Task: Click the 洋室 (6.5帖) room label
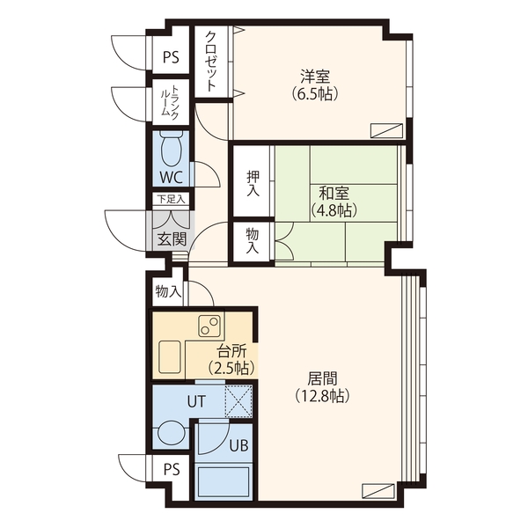coord(315,85)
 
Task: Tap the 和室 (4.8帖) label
coord(334,202)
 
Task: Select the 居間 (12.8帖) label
coord(322,387)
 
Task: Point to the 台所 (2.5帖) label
coord(231,360)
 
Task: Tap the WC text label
coord(171,177)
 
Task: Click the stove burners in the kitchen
coord(209,326)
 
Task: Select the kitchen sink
coord(169,357)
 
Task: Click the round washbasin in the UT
coord(171,433)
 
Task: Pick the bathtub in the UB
coord(224,480)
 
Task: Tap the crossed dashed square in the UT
coord(238,401)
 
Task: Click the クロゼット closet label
coord(211,62)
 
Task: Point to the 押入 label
coord(253,184)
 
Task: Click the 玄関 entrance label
coord(172,238)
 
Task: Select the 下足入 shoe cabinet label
coord(172,199)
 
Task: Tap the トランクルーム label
coord(170,101)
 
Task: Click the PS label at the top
coord(171,57)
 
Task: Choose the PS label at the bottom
coord(172,469)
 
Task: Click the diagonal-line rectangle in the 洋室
coord(386,130)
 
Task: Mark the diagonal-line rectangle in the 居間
coord(378,491)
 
